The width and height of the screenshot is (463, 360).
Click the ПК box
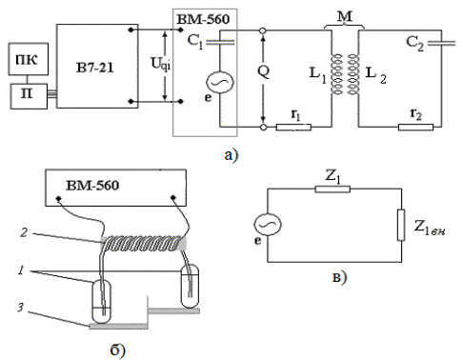click(29, 59)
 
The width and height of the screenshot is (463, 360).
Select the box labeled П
click(29, 96)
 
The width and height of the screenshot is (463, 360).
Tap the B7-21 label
click(95, 68)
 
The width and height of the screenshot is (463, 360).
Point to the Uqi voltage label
click(160, 65)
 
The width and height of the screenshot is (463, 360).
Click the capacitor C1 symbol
click(220, 42)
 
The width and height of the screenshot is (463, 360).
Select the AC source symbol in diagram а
click(220, 82)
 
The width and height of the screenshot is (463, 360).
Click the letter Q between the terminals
click(264, 71)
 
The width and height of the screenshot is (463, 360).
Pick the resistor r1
click(293, 128)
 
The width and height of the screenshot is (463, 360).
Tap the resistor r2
click(415, 128)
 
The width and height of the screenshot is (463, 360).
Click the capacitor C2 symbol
click(441, 43)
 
